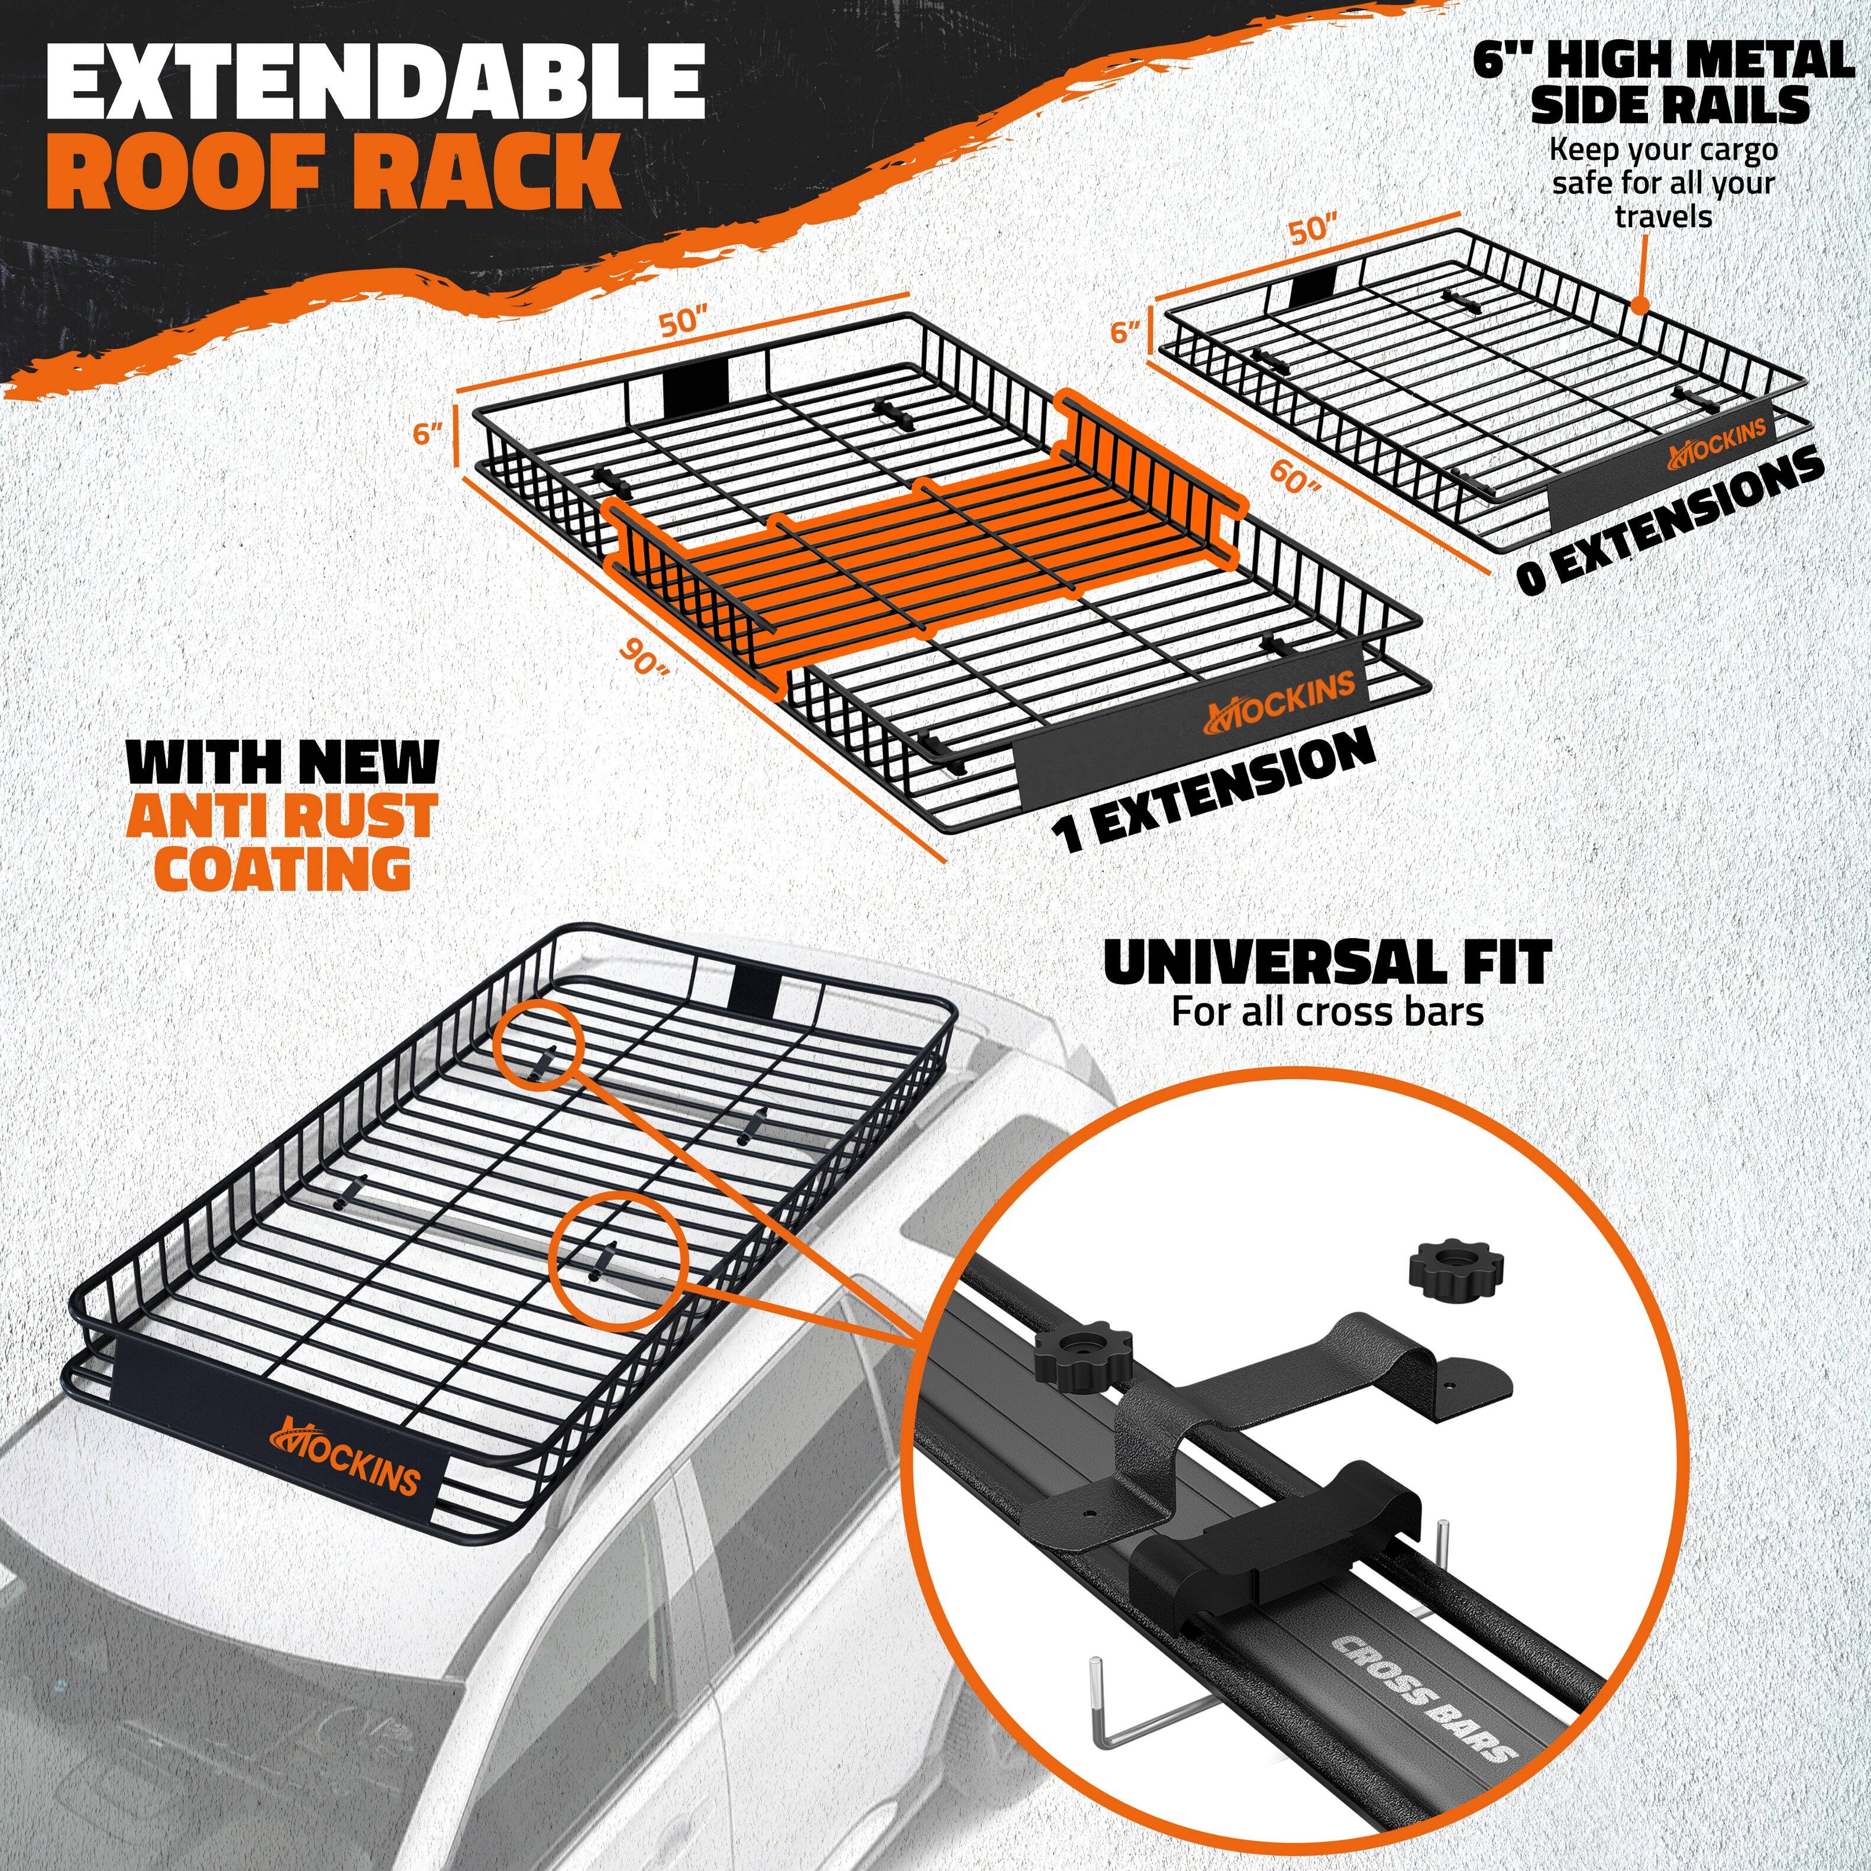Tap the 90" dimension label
[646, 661]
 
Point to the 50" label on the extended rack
[684, 321]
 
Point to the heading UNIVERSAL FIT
[1327, 964]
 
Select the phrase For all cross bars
[1327, 1012]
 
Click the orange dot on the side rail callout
[1640, 306]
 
